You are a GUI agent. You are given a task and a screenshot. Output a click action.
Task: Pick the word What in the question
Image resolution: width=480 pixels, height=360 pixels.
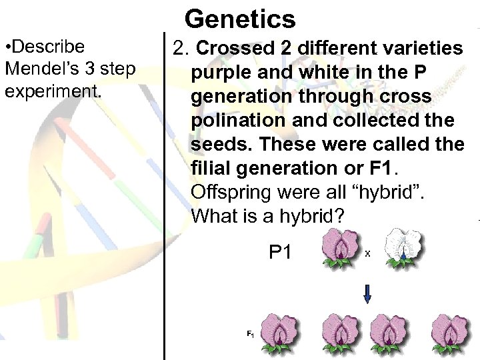coord(214,217)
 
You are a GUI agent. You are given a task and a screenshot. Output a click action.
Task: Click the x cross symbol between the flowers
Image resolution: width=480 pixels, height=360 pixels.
coord(367,254)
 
